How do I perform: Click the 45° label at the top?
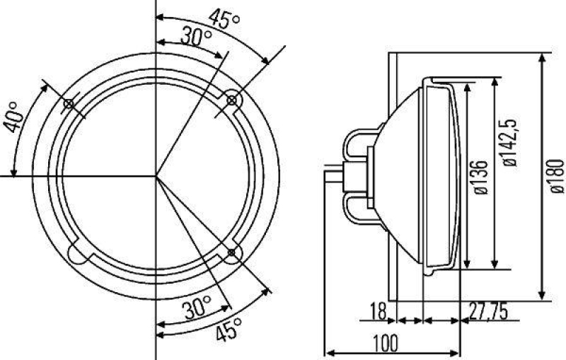[x=225, y=19]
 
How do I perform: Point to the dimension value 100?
[x=383, y=342]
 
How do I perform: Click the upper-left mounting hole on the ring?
[x=69, y=105]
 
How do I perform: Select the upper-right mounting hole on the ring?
[x=231, y=101]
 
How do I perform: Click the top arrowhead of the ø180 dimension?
[x=541, y=56]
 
